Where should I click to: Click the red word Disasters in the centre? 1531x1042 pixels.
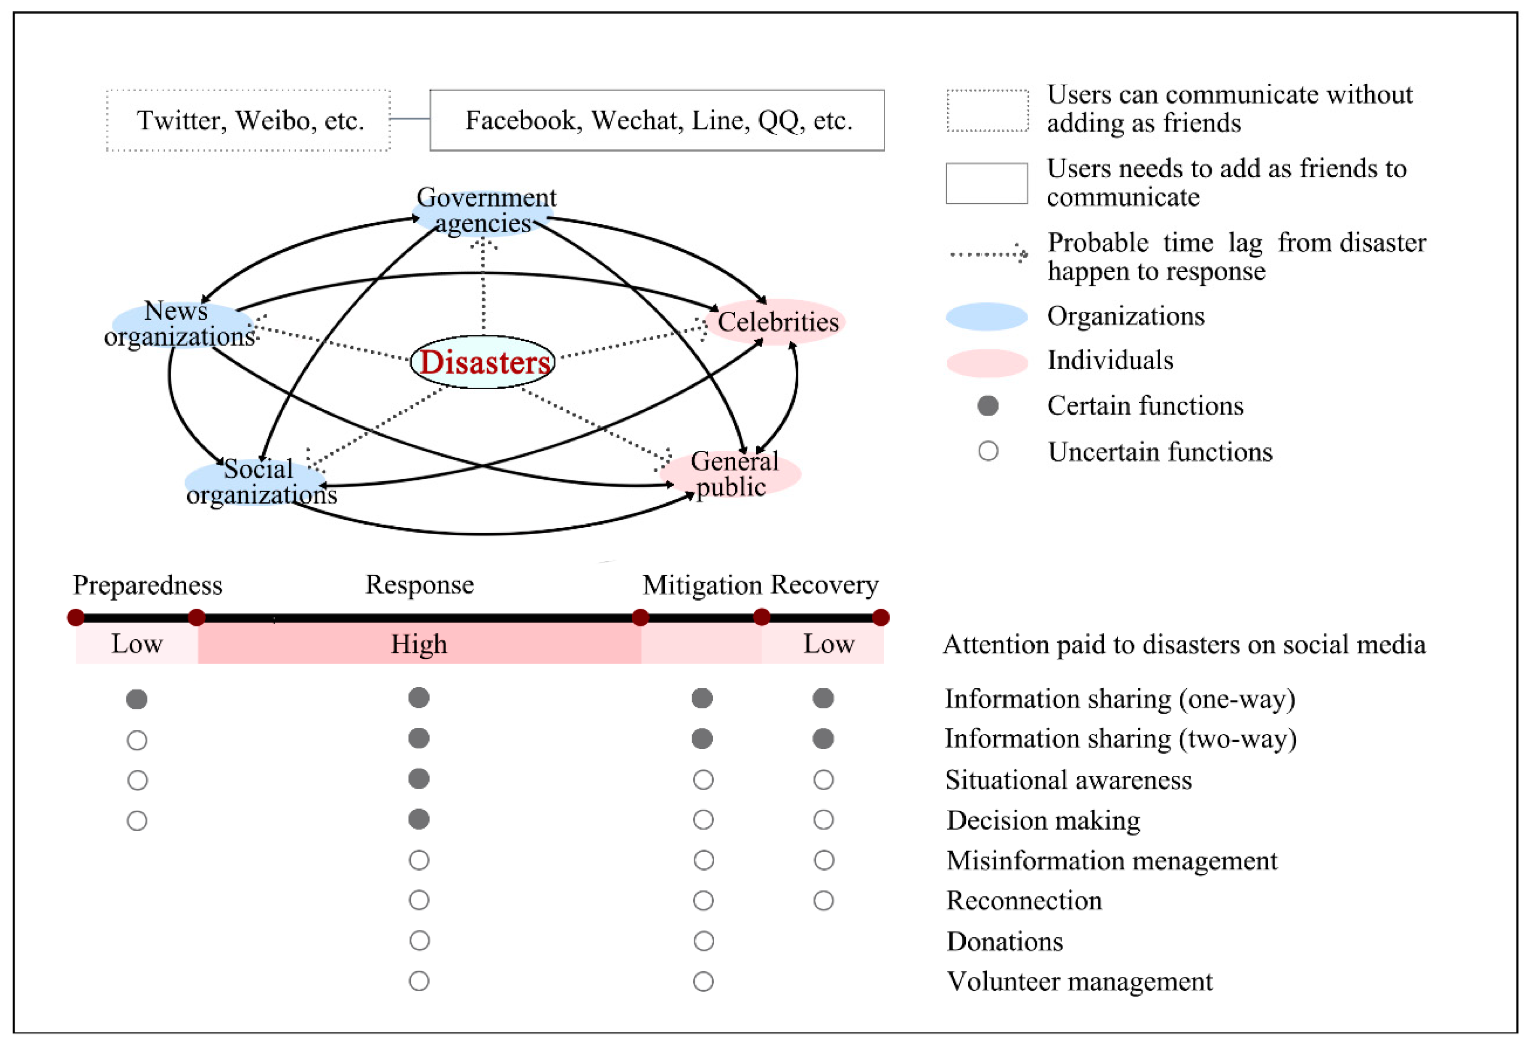(x=484, y=362)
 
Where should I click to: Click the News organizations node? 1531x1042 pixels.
(x=179, y=324)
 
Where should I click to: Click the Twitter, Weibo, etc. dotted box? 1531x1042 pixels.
(x=249, y=121)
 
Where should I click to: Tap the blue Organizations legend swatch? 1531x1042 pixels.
(x=986, y=316)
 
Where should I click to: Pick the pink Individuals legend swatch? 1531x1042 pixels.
(x=986, y=362)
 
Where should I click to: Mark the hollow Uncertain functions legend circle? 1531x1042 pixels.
(x=988, y=452)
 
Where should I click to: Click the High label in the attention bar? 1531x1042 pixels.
(x=419, y=644)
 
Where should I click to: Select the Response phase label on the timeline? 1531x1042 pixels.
(x=420, y=585)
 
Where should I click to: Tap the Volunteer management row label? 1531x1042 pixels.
(x=1079, y=981)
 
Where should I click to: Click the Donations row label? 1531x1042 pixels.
(x=1005, y=941)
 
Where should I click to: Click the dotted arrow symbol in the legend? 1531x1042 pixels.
(x=988, y=254)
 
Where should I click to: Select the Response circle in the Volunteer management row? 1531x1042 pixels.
(x=419, y=981)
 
